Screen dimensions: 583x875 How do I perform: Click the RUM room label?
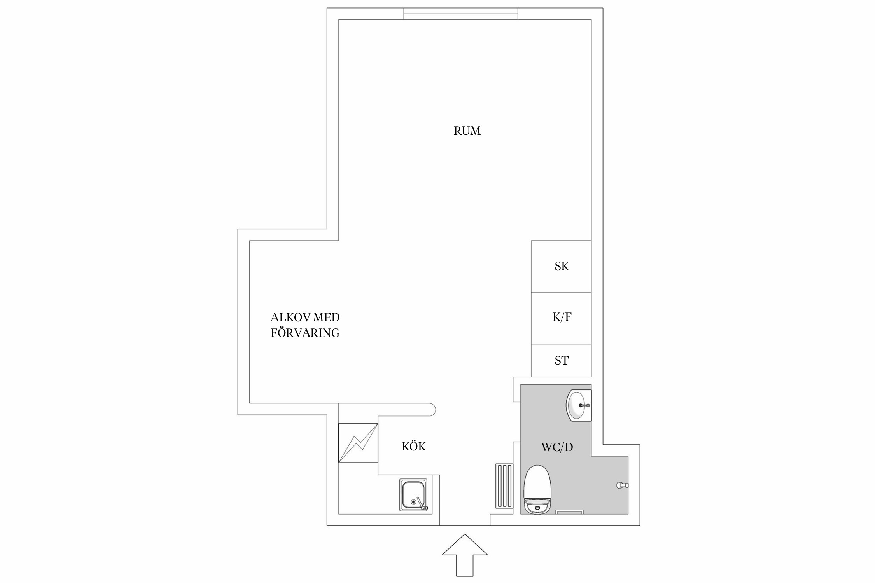point(467,131)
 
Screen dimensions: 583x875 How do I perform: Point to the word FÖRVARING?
point(305,333)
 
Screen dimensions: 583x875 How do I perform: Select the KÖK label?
point(414,447)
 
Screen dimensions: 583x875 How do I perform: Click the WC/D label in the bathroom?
point(557,447)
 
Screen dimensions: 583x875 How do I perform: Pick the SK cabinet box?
point(561,266)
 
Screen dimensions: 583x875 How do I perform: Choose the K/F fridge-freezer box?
point(561,318)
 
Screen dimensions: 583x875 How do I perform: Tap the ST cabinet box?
point(561,360)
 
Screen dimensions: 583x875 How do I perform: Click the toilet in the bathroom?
point(537,489)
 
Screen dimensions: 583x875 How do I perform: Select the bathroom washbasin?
point(579,406)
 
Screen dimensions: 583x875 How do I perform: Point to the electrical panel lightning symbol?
point(358,443)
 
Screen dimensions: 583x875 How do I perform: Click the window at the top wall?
point(460,14)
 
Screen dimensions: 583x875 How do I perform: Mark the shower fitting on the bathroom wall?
point(622,485)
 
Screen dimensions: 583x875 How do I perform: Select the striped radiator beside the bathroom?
point(504,485)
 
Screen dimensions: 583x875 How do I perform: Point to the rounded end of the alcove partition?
point(432,410)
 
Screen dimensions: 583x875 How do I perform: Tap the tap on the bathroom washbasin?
point(584,405)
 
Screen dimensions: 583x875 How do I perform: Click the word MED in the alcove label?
point(326,318)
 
